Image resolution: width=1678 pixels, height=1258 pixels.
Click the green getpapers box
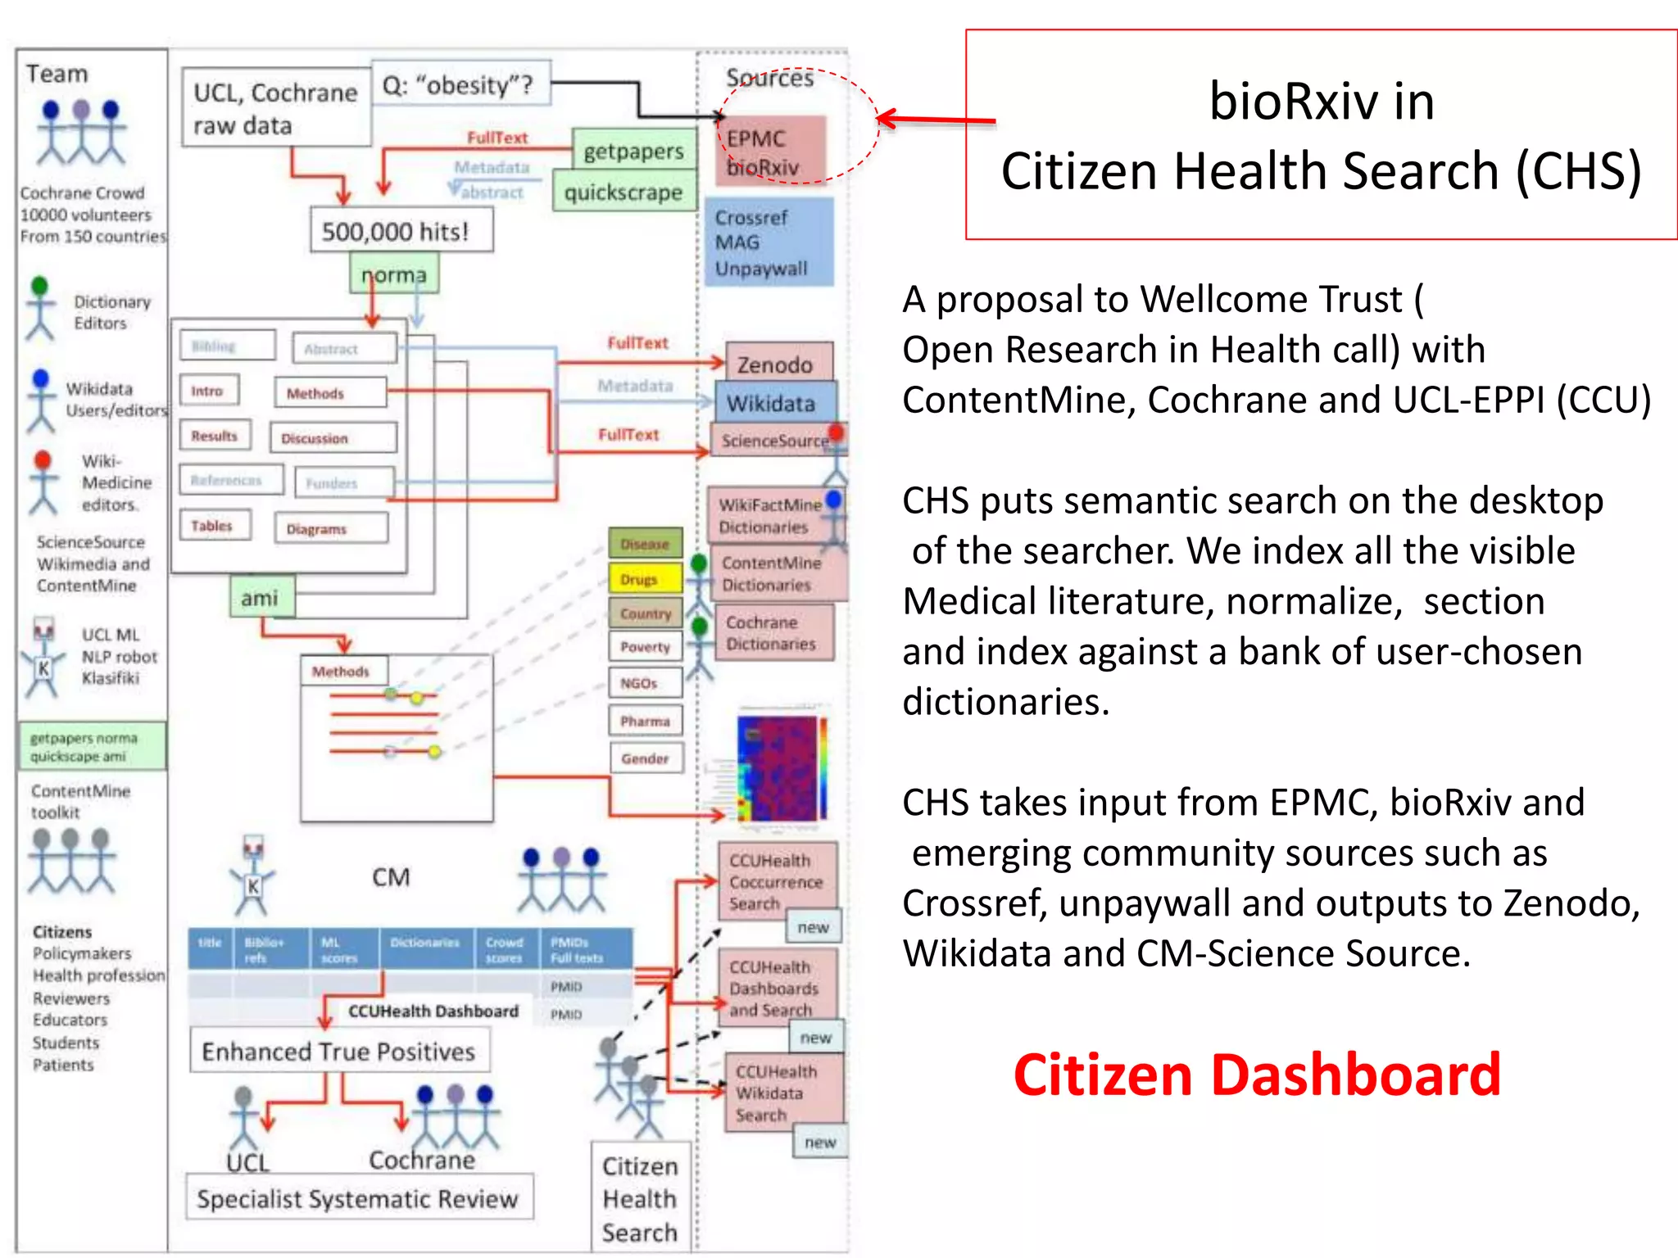(633, 151)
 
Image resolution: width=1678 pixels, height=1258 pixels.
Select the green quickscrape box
(624, 192)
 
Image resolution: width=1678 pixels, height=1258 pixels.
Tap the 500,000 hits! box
(401, 231)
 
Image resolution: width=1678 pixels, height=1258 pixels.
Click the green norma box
(394, 274)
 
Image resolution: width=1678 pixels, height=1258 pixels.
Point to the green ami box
(261, 598)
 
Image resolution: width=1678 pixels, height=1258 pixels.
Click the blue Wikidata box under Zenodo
(773, 403)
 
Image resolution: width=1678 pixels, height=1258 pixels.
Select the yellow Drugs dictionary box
(644, 579)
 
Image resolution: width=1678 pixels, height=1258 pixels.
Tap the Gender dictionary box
(645, 758)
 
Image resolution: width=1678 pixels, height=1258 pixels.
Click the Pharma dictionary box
(645, 721)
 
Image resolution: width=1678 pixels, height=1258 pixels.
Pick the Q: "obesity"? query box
(460, 84)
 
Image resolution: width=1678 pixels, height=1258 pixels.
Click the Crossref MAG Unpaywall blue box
(768, 242)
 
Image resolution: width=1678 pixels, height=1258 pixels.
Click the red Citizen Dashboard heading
(1256, 1075)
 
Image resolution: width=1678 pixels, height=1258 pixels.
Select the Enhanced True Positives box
(338, 1051)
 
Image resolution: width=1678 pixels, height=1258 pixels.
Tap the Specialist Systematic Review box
(358, 1198)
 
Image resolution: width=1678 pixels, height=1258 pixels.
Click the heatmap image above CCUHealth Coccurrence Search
(781, 768)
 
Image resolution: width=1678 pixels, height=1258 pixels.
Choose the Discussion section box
(332, 438)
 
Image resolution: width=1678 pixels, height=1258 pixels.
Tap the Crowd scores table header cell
(505, 949)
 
